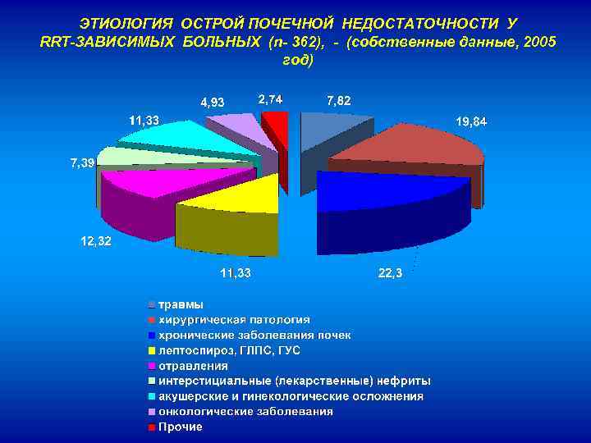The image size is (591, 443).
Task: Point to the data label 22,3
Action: tap(390, 273)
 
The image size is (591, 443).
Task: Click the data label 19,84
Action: tap(470, 121)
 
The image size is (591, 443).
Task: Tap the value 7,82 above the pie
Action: tap(338, 100)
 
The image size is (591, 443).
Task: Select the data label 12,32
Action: tap(95, 241)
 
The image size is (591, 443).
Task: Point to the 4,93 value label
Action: tap(213, 103)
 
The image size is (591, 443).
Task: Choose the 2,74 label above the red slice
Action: tap(271, 98)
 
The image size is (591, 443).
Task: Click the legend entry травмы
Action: tap(181, 304)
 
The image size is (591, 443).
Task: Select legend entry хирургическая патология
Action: tap(233, 320)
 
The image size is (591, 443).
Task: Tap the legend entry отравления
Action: tap(193, 366)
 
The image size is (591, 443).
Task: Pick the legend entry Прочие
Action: tap(180, 427)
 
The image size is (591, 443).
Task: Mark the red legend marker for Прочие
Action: tap(151, 427)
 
